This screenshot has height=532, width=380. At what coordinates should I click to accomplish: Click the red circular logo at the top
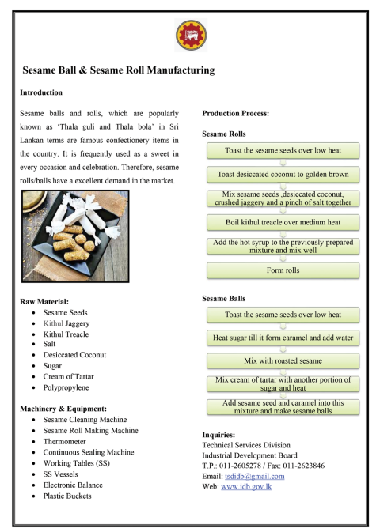(189, 36)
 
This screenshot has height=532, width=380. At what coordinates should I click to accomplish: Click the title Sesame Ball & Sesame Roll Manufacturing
(118, 70)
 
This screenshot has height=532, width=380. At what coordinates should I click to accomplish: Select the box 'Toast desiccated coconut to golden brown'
(283, 173)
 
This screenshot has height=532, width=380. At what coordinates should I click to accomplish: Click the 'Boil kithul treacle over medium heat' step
(283, 222)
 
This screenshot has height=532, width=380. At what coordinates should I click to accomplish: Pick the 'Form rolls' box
(283, 270)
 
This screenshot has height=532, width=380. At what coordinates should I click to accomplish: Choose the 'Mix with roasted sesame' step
(283, 360)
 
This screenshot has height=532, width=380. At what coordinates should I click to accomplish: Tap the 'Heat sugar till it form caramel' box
(283, 338)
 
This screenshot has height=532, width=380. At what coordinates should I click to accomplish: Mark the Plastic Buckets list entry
(68, 496)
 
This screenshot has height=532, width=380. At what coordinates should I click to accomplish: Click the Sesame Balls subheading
(223, 299)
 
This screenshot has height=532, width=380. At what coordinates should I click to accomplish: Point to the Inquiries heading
(218, 434)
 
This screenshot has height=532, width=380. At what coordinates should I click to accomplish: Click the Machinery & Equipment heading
(59, 408)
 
